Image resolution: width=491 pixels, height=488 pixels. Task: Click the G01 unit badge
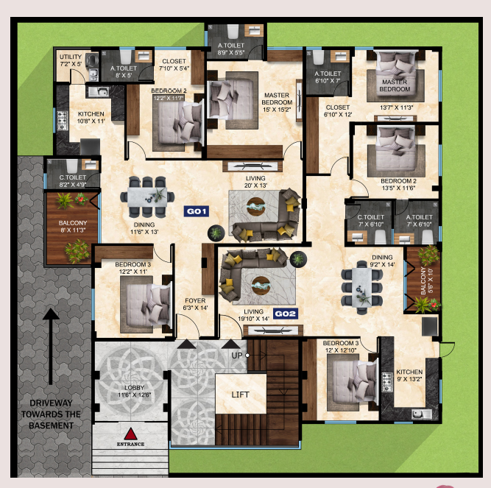click(197, 211)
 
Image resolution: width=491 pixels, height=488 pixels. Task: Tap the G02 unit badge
click(286, 314)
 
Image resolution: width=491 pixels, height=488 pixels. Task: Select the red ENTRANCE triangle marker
click(130, 434)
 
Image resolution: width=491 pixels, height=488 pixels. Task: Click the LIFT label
click(241, 395)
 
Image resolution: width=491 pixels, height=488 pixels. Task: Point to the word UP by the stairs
click(237, 356)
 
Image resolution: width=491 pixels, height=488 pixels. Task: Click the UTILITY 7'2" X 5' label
click(71, 60)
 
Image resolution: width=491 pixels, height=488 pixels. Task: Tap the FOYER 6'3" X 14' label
click(195, 304)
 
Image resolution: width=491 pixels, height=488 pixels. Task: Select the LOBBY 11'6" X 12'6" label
click(134, 392)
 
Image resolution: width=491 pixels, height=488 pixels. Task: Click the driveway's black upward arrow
click(51, 347)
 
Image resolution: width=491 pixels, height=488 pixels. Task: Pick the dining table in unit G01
click(147, 197)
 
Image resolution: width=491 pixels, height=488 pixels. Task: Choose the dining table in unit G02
click(361, 288)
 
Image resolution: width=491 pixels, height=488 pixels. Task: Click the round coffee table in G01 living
click(256, 206)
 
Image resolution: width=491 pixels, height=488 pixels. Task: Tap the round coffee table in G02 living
click(261, 286)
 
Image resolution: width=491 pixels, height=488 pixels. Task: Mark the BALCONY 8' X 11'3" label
click(73, 227)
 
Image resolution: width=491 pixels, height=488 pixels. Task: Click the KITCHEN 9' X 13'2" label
click(409, 375)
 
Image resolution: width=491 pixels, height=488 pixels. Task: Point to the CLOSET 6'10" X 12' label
click(338, 111)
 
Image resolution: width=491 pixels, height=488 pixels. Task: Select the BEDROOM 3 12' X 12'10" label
click(341, 347)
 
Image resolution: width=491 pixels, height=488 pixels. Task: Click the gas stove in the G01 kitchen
click(62, 121)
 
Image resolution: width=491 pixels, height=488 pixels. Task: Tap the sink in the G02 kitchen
click(421, 414)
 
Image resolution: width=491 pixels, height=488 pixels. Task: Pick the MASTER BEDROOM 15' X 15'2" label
click(277, 102)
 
